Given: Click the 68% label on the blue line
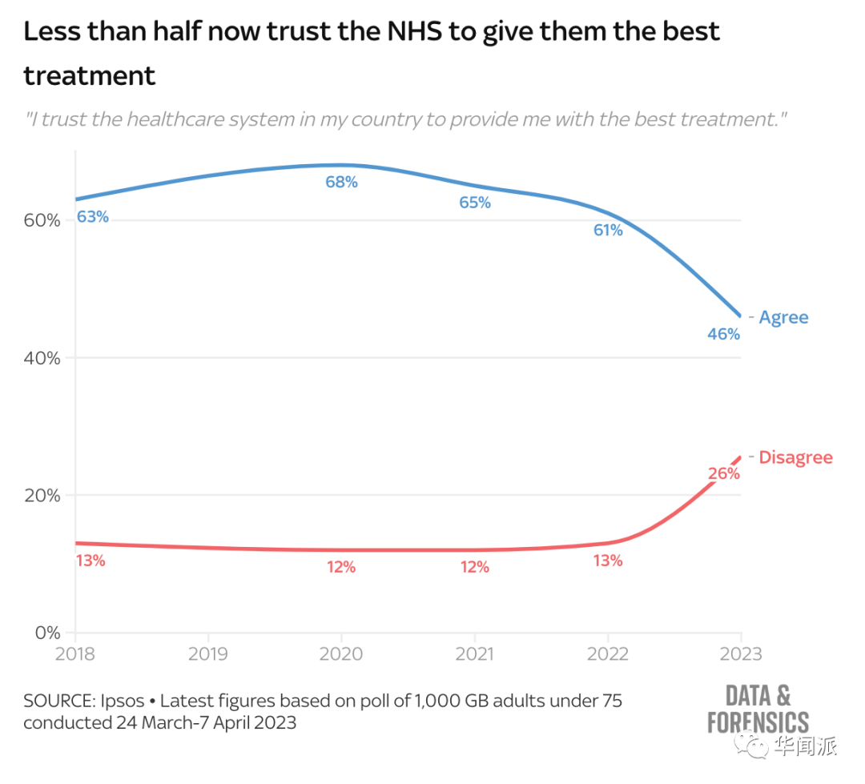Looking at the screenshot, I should coord(341,182).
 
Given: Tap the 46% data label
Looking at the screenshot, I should coord(723,334).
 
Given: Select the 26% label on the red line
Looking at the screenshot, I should coord(723,473).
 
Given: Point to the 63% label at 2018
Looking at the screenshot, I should coord(92,217).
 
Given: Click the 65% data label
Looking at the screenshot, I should coord(475,203).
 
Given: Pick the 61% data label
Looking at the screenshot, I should coord(608,231).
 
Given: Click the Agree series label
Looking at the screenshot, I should coord(783,317).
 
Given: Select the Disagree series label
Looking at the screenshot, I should coord(795,457).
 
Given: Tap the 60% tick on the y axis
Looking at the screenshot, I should coord(42,220).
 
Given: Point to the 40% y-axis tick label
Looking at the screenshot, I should coord(42,358).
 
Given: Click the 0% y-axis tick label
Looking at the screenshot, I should coord(46,633).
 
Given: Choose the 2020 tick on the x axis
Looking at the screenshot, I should coord(341,653).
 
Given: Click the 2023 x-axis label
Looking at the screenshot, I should coord(739,653).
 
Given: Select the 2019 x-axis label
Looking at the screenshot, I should coord(208,653).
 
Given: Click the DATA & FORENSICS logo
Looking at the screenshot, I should coord(758,708).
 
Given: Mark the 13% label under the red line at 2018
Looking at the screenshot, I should coord(91,561).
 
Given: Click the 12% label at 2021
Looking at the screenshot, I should coord(475,567).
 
